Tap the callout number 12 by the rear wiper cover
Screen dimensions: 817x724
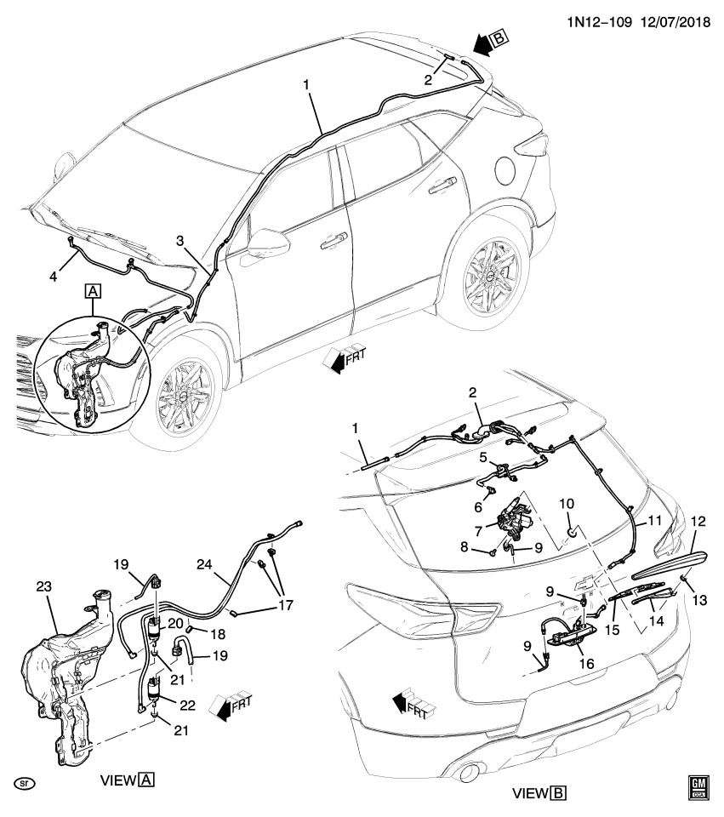pos(698,521)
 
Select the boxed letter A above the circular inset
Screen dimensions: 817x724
pos(92,292)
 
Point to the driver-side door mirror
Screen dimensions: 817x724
pos(266,242)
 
